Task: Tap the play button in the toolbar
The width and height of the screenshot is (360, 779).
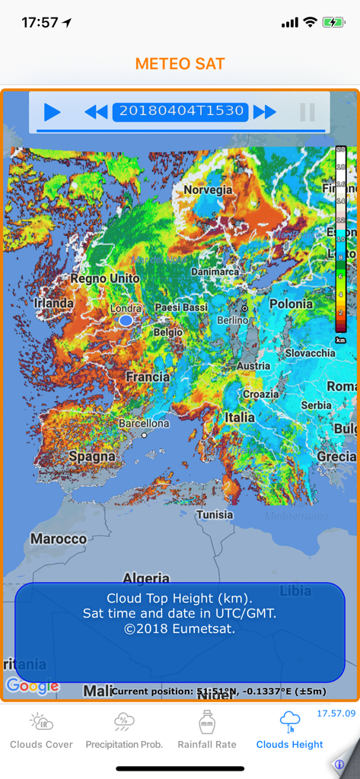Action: [52, 113]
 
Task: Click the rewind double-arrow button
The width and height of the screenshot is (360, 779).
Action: [96, 113]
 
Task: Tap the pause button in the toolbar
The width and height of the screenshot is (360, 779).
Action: [307, 113]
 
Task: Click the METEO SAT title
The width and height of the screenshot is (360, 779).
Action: [180, 64]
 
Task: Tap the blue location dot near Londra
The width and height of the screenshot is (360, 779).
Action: [126, 321]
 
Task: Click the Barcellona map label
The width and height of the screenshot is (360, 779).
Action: [144, 423]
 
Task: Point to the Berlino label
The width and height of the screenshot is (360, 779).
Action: [232, 320]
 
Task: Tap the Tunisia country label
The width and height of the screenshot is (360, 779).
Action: [215, 514]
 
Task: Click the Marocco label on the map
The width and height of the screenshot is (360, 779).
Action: [59, 539]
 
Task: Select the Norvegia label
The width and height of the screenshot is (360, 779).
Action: [208, 189]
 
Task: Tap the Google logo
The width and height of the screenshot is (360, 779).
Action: [32, 686]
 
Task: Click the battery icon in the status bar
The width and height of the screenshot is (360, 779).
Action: [333, 23]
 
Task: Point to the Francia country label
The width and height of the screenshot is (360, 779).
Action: [148, 377]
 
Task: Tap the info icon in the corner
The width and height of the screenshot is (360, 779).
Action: [339, 764]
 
